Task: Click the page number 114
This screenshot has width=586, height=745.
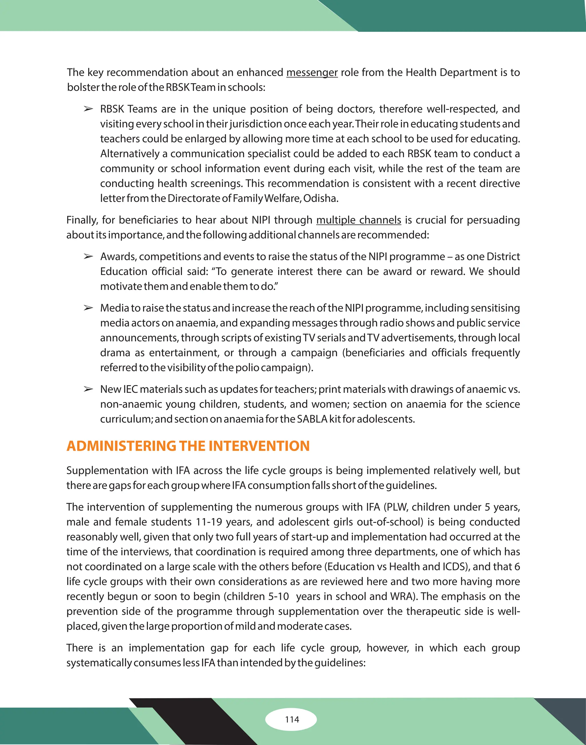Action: click(x=292, y=719)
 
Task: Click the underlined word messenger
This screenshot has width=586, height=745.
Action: click(x=312, y=73)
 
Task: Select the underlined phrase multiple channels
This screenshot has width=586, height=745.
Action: click(x=359, y=220)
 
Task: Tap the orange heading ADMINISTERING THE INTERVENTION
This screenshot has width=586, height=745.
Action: click(x=188, y=446)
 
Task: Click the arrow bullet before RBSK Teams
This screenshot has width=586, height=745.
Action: click(x=88, y=109)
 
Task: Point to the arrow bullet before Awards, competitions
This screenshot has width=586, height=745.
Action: click(x=88, y=256)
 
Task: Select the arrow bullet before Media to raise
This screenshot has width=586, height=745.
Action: click(x=88, y=308)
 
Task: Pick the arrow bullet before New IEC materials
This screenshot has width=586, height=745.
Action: click(x=88, y=389)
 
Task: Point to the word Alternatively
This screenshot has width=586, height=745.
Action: click(x=130, y=154)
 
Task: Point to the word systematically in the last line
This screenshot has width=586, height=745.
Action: click(x=99, y=663)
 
